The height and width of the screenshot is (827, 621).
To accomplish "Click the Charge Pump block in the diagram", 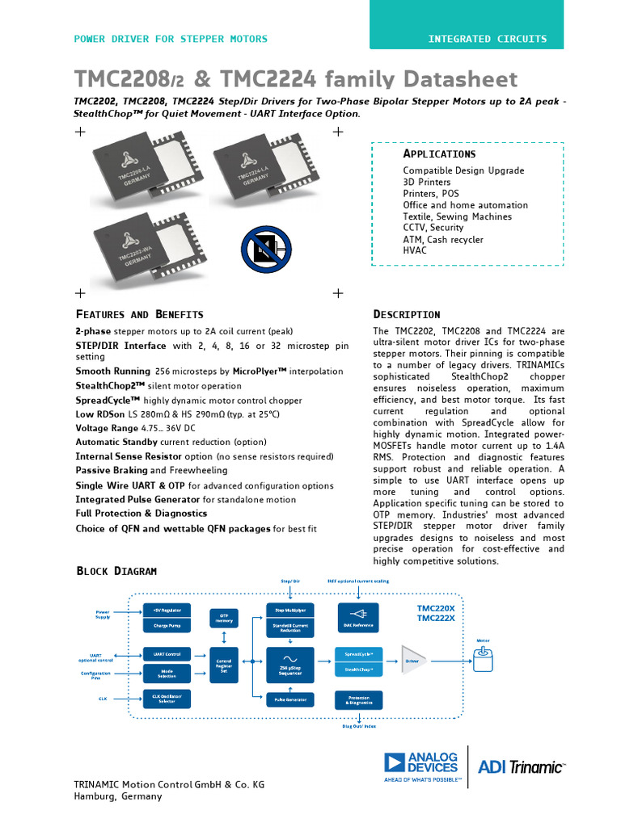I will pyautogui.click(x=167, y=625).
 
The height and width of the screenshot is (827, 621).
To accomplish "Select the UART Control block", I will pyautogui.click(x=167, y=653).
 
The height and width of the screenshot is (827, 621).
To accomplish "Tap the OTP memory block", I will pyautogui.click(x=224, y=618).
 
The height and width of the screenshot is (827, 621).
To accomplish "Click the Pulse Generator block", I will pyautogui.click(x=290, y=699).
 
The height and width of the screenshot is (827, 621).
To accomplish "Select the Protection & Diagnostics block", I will pyautogui.click(x=359, y=699).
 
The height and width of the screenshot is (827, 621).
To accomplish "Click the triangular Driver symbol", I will pyautogui.click(x=413, y=660).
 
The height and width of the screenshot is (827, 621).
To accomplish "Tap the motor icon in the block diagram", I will pyautogui.click(x=484, y=660).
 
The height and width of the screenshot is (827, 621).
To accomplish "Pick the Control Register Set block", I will pyautogui.click(x=224, y=664).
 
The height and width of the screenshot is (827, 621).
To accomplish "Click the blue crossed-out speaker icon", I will pyautogui.click(x=266, y=249).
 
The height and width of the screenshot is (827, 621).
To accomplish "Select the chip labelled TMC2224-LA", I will pyautogui.click(x=261, y=169).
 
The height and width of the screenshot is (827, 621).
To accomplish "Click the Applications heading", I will pyautogui.click(x=439, y=153).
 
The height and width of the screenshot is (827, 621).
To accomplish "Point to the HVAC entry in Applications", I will pyautogui.click(x=415, y=251).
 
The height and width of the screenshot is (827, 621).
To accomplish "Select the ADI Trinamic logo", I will pyautogui.click(x=522, y=766).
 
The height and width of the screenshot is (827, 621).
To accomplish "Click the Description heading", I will pyautogui.click(x=406, y=314).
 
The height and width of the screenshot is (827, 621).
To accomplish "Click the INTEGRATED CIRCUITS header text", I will pyautogui.click(x=487, y=39).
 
